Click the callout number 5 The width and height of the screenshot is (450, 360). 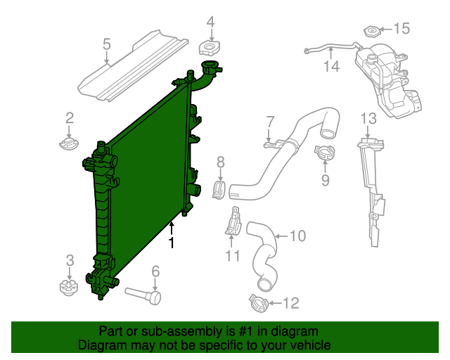pos(107,45)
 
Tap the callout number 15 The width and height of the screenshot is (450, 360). pos(400,29)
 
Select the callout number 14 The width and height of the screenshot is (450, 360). pos(331,66)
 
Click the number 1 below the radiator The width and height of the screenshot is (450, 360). pos(171,243)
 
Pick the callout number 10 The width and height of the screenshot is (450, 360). pos(297,236)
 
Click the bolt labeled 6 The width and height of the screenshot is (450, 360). pos(143,295)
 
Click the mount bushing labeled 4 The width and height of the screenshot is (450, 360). pos(210,49)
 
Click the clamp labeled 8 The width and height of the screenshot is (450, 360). pos(220,189)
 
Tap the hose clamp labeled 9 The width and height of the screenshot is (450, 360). pos(324,150)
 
